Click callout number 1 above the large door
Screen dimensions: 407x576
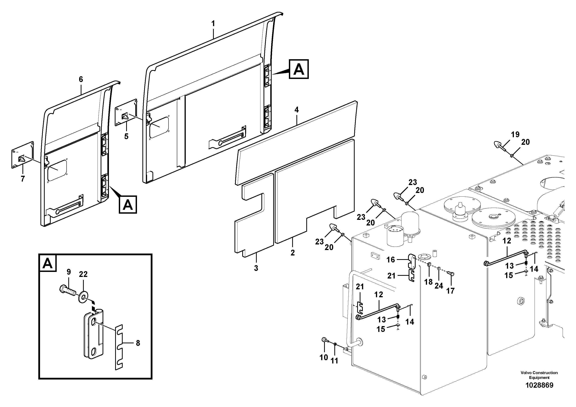click(x=213, y=24)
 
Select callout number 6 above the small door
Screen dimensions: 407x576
click(x=81, y=80)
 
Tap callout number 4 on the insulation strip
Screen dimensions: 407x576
click(x=297, y=110)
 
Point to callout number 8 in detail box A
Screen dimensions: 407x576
click(x=138, y=343)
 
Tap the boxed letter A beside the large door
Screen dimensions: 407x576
click(x=299, y=69)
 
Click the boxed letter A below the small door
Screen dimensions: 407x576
click(x=128, y=205)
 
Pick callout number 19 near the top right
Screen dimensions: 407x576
click(x=515, y=135)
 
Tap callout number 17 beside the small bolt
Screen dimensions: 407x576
click(x=450, y=291)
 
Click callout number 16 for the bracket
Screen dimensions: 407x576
click(x=391, y=260)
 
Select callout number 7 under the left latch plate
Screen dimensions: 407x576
click(x=23, y=179)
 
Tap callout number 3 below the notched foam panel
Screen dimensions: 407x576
click(x=256, y=268)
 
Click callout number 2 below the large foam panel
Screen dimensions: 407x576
click(x=293, y=253)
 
